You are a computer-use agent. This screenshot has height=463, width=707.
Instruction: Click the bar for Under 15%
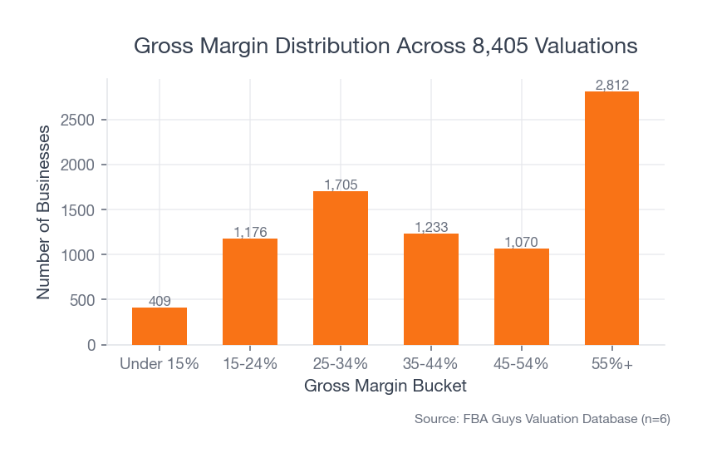(x=160, y=326)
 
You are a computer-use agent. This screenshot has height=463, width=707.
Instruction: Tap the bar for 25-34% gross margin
(x=341, y=268)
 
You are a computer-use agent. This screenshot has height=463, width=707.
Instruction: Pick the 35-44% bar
(x=431, y=288)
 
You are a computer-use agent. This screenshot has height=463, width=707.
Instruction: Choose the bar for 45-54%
(x=522, y=296)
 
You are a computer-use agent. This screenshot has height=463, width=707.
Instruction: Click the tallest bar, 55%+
(x=611, y=218)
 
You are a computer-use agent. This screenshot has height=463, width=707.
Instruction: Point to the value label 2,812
(x=611, y=85)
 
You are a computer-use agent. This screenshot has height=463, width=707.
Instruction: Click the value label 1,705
(x=341, y=185)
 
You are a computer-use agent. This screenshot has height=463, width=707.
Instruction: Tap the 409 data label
(x=160, y=301)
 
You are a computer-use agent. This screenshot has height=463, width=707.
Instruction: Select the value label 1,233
(x=431, y=227)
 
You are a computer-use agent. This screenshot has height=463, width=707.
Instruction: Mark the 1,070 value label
(x=522, y=242)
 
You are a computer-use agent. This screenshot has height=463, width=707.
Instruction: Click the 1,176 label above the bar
(x=250, y=232)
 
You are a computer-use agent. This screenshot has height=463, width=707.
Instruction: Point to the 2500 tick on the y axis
(x=81, y=120)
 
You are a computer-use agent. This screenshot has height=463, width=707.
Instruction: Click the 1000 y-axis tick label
(x=81, y=255)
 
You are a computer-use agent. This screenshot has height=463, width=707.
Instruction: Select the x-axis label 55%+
(x=611, y=364)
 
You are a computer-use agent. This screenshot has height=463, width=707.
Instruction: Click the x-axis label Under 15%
(x=160, y=364)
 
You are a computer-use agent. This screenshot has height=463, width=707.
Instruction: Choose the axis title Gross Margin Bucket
(x=385, y=387)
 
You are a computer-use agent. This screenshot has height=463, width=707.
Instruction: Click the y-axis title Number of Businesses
(x=44, y=212)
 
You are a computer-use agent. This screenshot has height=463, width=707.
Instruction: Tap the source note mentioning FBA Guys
(x=542, y=420)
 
